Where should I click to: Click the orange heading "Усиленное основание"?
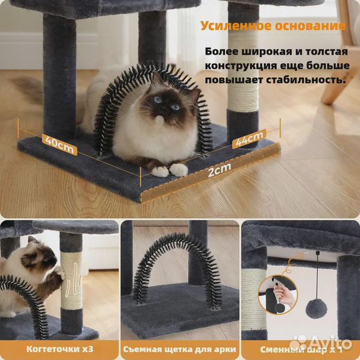coord(273,27)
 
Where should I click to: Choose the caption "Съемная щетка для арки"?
coord(179,348)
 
